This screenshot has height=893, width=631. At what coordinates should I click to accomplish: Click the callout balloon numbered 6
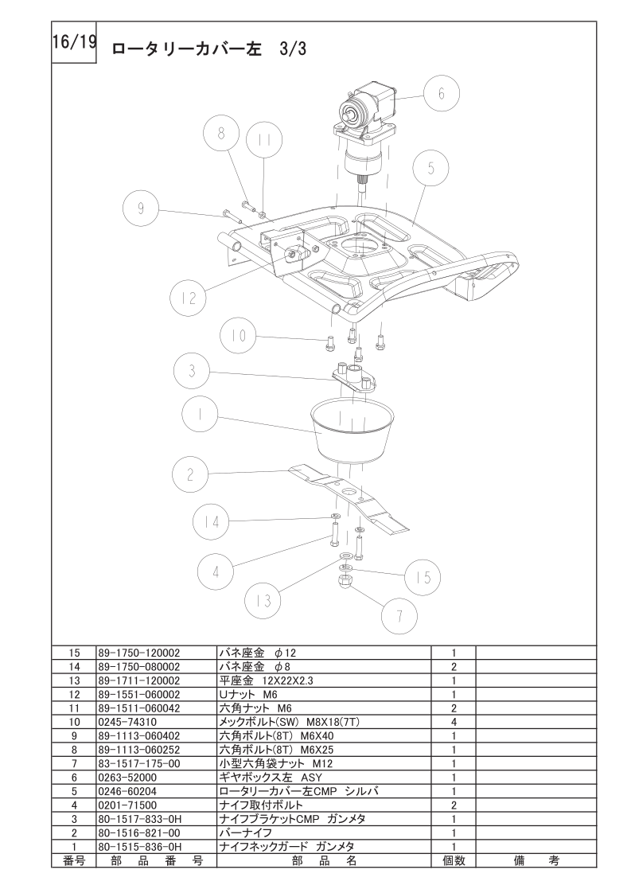441,93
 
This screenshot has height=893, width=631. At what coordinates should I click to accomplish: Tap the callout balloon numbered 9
141,209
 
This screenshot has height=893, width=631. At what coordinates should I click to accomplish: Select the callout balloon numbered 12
189,298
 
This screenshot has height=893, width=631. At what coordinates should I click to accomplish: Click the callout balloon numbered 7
399,616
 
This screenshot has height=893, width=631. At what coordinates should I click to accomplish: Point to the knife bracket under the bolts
353,377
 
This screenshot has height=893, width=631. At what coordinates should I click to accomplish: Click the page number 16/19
74,43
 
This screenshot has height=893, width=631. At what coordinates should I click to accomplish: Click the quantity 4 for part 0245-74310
454,722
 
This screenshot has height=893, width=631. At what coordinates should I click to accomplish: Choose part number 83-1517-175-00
139,764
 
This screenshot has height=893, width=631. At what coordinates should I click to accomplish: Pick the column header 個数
454,860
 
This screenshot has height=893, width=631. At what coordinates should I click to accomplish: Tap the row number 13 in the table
74,680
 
